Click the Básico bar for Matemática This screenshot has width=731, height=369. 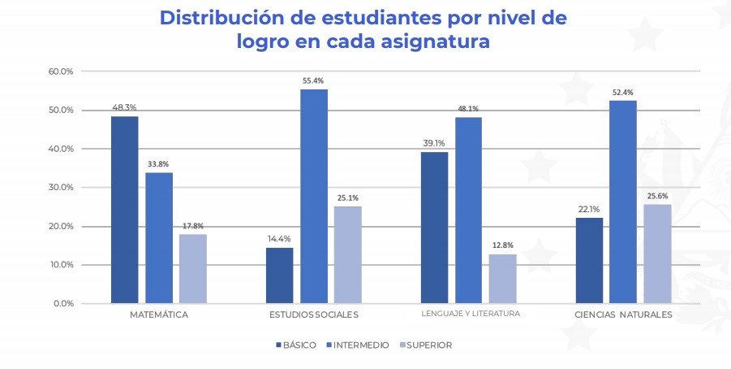(x=125, y=210)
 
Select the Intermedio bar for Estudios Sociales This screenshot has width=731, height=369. (x=314, y=196)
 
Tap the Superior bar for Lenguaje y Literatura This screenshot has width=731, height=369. (x=502, y=279)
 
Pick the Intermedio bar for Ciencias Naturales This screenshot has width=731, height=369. (x=623, y=202)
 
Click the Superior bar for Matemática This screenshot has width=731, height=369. (x=193, y=269)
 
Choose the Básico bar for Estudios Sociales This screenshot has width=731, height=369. (x=280, y=276)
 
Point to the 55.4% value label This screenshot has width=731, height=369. (x=313, y=81)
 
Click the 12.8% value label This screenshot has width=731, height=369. (x=502, y=245)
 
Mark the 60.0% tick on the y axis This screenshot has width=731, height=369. (x=62, y=72)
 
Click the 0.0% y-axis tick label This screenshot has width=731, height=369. (x=64, y=304)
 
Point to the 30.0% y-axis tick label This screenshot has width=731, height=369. (x=62, y=188)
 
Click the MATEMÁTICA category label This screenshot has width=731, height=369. (x=159, y=315)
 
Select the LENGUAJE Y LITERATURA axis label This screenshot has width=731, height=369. (x=470, y=314)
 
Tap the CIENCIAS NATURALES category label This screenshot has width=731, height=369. (x=623, y=315)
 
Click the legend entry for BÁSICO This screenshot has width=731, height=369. (x=295, y=345)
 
